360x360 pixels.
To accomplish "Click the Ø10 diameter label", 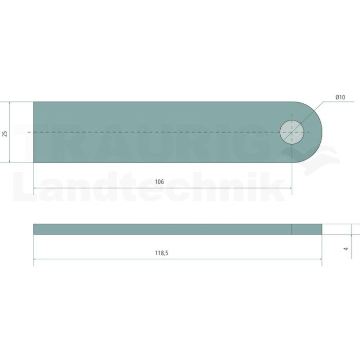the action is coord(340,97).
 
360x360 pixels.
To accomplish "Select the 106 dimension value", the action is coord(159,182).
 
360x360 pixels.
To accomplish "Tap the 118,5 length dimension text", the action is coord(161,253).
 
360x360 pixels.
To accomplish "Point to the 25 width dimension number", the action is coord(5,134).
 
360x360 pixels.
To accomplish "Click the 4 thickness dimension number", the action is coord(346,248).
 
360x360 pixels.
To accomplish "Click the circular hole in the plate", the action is coord(292,132).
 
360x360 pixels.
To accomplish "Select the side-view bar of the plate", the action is coord(178,229).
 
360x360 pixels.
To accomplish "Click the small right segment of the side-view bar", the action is coord(307,229).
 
